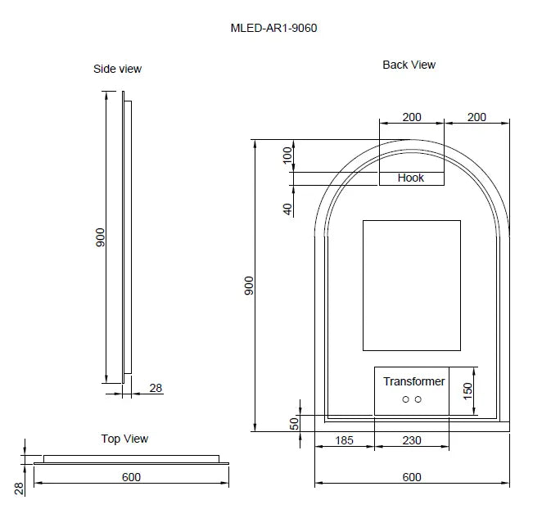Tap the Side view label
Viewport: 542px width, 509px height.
coord(117,69)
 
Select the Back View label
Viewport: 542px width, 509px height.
coord(409,65)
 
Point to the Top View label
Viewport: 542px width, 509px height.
coord(124,439)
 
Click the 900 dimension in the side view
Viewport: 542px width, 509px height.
coord(101,237)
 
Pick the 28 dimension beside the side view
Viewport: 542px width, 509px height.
coord(156,387)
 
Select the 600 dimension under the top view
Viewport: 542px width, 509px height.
coord(131,477)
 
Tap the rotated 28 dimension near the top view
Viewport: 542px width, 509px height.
coord(19,489)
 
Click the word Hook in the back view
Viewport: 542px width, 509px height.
coord(410,178)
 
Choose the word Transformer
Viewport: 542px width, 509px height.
coord(414,381)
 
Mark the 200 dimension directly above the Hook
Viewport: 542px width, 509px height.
coord(411,117)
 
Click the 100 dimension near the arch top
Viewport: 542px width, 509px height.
coord(287,155)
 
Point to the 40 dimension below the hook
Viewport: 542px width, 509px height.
coord(287,209)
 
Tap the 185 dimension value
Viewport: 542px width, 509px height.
coord(344,440)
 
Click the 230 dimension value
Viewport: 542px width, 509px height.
coord(411,440)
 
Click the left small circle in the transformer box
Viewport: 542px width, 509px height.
coord(406,399)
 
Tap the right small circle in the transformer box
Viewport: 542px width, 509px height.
coord(418,399)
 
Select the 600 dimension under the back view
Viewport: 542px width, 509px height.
coord(411,477)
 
